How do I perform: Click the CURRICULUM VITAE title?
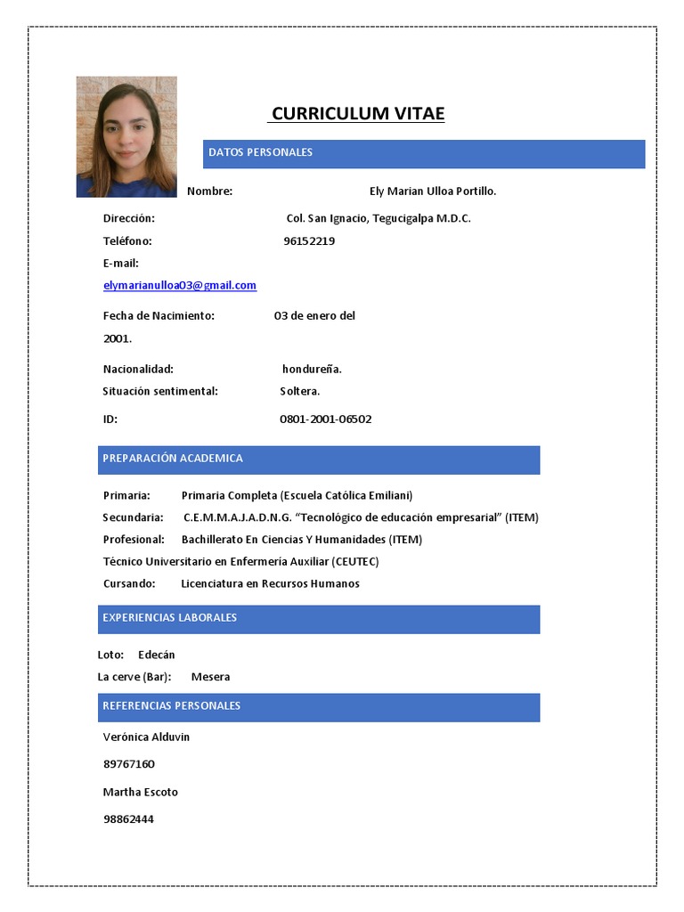pos(357,113)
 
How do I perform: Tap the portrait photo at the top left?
pos(126,136)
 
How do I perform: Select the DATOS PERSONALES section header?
pos(260,152)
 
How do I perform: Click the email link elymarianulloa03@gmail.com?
pos(180,285)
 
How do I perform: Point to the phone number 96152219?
pos(309,240)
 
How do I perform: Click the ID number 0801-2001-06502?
pos(325,419)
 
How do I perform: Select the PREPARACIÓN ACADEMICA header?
pos(173,458)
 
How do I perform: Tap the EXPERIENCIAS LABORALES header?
pos(169,617)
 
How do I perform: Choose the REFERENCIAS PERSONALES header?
pos(171,705)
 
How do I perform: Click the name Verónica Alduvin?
pos(146,737)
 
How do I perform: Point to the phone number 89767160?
pos(129,764)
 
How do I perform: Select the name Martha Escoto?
pos(141,792)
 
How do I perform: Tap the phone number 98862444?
pos(129,818)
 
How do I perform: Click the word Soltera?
pos(299,391)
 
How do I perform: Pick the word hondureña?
pos(312,369)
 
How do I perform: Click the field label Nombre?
pos(209,191)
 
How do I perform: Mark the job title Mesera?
pos(210,676)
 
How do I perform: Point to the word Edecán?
pos(157,655)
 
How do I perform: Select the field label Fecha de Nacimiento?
pos(159,315)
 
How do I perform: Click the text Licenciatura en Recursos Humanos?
pos(270,583)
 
